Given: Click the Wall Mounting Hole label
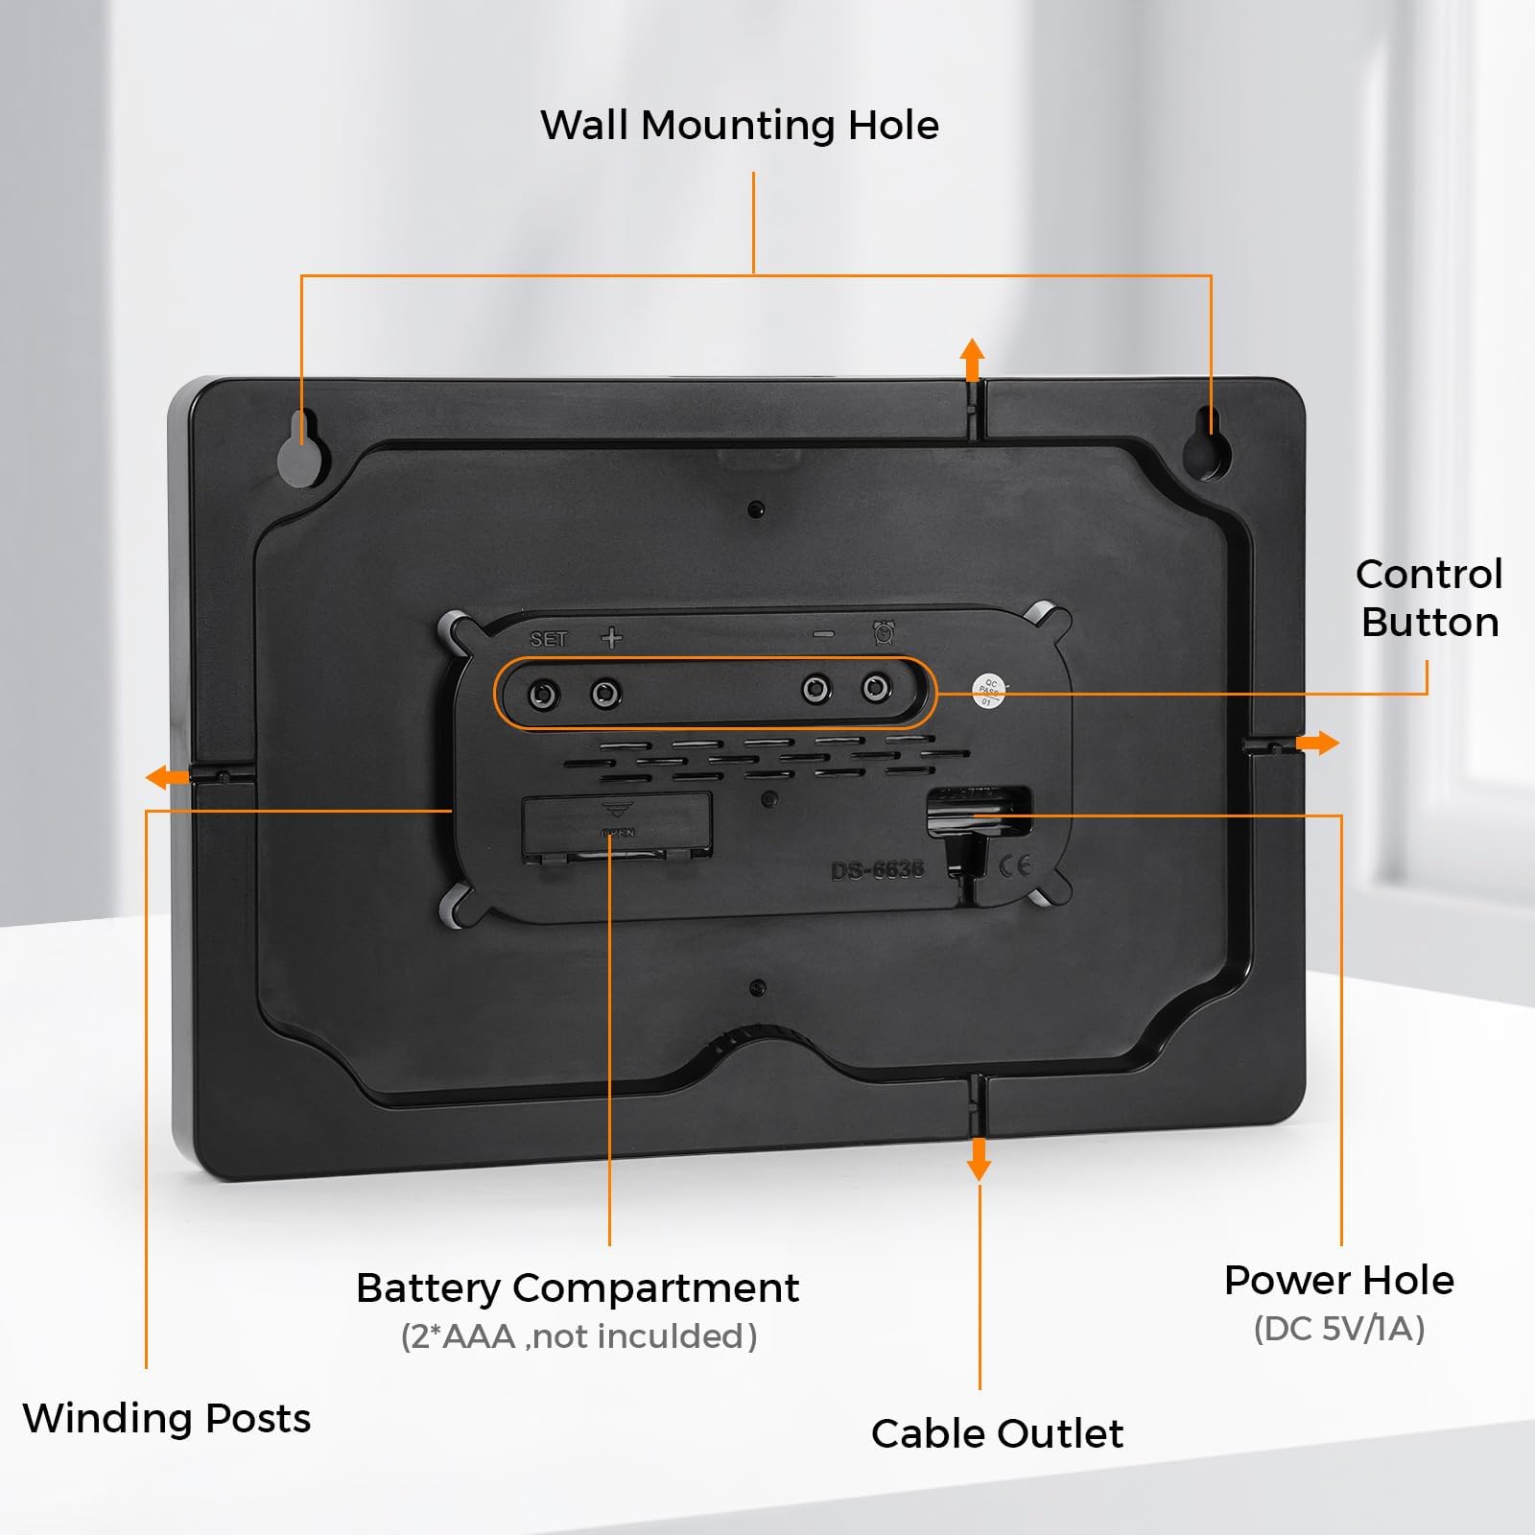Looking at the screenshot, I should pyautogui.click(x=740, y=126).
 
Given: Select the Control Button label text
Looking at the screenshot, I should pyautogui.click(x=1429, y=598).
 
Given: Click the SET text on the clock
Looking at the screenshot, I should pyautogui.click(x=549, y=640).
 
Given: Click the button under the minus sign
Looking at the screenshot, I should pyautogui.click(x=816, y=689).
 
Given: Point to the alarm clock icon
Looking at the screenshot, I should pyautogui.click(x=884, y=633).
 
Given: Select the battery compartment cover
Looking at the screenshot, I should pyautogui.click(x=617, y=824).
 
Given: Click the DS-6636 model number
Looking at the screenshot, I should pyautogui.click(x=877, y=870).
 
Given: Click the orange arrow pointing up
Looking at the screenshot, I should pyautogui.click(x=973, y=359).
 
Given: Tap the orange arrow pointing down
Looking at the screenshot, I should pyautogui.click(x=979, y=1159).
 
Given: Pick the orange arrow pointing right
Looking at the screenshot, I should pyautogui.click(x=1318, y=743).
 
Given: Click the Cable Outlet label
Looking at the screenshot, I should pyautogui.click(x=997, y=1434).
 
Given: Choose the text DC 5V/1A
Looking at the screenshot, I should pyautogui.click(x=1339, y=1329).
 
